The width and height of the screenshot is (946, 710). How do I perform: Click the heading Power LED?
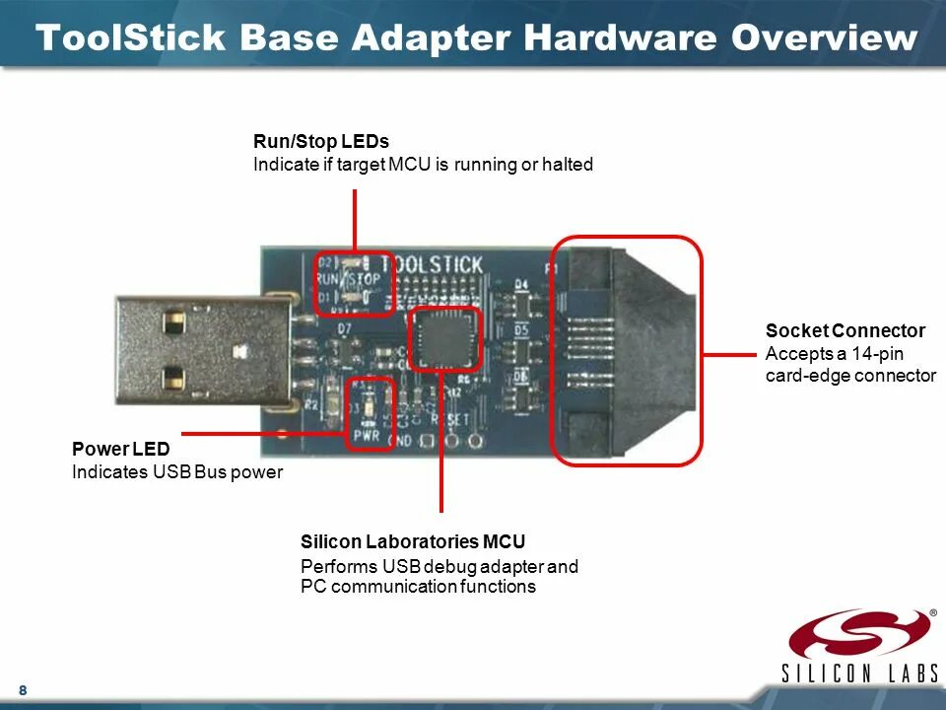pos(120,450)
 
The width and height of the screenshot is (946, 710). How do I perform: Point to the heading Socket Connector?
pos(845,330)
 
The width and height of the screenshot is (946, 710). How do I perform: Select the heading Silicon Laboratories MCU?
pos(413,541)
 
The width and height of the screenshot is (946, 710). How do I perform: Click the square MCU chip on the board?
pos(443,337)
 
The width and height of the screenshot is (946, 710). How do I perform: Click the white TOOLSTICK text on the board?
pos(432,265)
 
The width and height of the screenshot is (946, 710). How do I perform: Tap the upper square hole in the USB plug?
pos(174,321)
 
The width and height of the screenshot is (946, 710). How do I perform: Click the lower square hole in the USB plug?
pos(174,376)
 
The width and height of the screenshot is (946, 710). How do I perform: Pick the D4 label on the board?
pos(521,284)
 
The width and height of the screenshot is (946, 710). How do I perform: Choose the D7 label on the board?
pos(344,327)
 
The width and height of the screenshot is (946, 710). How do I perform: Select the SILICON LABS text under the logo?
pos(860,674)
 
